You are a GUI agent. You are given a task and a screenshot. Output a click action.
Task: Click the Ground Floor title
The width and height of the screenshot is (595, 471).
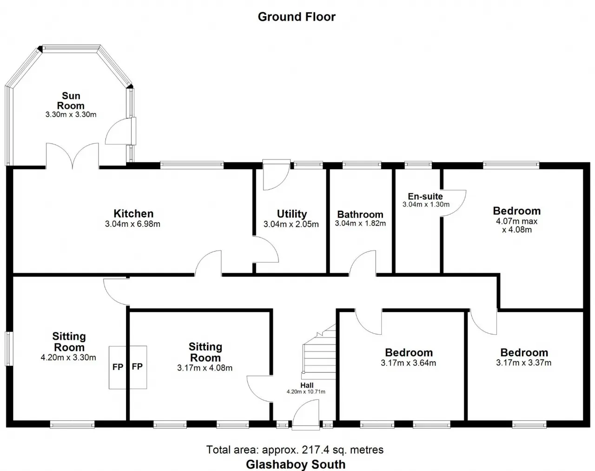click(297, 17)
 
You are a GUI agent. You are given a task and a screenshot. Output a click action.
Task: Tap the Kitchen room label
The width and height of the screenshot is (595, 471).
click(133, 213)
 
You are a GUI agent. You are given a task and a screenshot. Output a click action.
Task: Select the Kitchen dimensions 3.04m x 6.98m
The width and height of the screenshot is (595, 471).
click(132, 224)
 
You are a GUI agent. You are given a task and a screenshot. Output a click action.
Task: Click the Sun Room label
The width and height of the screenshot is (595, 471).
click(71, 101)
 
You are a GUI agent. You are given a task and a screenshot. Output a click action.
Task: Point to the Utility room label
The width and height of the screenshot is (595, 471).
click(292, 214)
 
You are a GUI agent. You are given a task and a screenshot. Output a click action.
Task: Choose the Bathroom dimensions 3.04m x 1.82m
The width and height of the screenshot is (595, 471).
click(360, 223)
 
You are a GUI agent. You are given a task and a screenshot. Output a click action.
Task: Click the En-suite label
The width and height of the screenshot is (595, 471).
click(425, 196)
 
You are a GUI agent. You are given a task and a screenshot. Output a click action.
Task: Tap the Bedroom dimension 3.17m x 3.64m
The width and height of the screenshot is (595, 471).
click(409, 363)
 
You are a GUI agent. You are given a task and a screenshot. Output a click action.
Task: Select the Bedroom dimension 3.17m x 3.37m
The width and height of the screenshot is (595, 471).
click(524, 363)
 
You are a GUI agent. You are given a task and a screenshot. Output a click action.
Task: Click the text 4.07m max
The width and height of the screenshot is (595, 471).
click(517, 221)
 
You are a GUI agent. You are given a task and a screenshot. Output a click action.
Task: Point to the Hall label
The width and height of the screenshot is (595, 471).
click(307, 385)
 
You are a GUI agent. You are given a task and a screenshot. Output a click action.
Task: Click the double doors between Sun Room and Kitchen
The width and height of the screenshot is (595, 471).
click(73, 156)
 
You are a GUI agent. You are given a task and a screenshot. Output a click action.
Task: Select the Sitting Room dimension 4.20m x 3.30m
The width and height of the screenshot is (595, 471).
click(68, 358)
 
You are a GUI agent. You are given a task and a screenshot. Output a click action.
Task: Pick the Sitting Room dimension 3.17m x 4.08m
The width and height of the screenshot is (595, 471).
click(205, 368)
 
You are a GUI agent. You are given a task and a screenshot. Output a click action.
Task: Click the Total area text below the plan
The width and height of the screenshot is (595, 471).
click(295, 450)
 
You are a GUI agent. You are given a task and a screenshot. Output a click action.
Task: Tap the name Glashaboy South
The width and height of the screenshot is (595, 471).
click(296, 464)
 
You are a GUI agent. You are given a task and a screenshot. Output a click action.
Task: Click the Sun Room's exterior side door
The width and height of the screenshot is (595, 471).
click(121, 132)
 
